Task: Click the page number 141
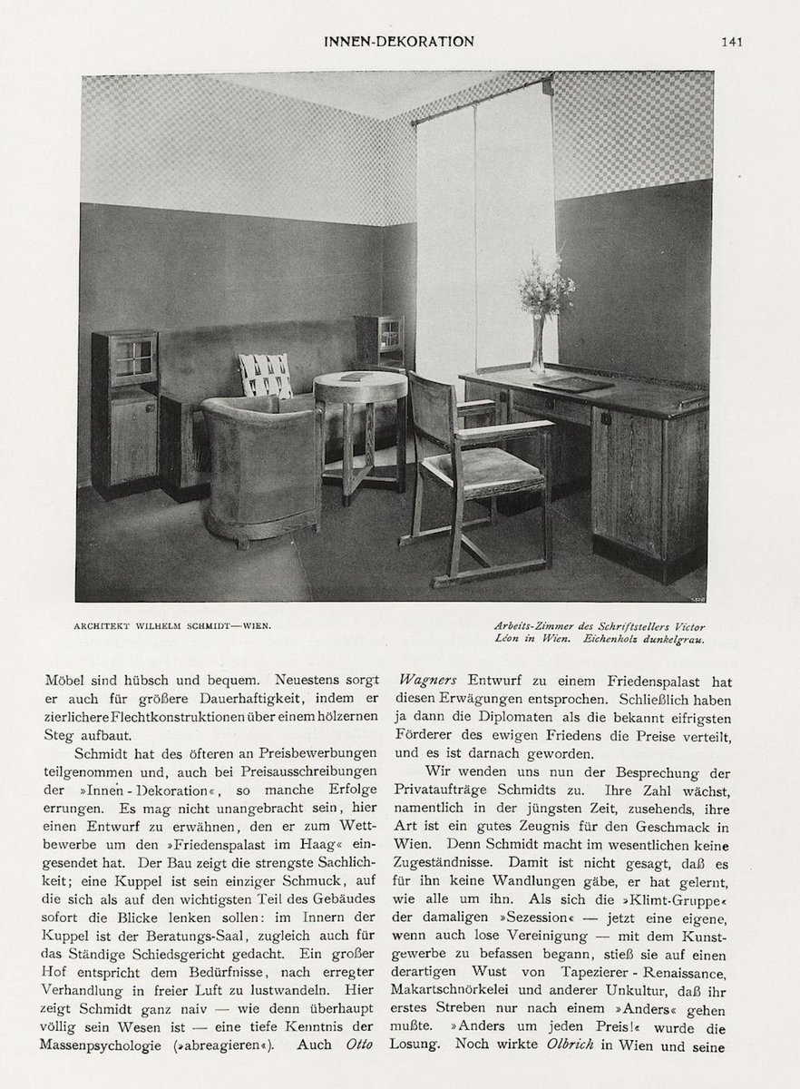(733, 41)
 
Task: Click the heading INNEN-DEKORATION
(399, 41)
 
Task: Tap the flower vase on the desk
(537, 345)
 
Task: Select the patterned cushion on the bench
(266, 375)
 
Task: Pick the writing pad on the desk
(572, 384)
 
